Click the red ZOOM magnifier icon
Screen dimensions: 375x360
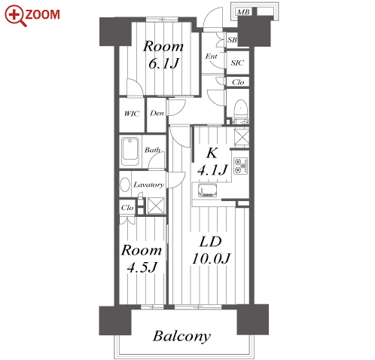pyautogui.click(x=14, y=15)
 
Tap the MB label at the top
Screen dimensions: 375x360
pyautogui.click(x=243, y=12)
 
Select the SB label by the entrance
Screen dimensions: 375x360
pyautogui.click(x=232, y=40)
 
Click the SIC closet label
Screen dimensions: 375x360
pyautogui.click(x=237, y=63)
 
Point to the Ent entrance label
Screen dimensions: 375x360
pyautogui.click(x=211, y=56)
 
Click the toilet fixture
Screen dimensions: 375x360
pyautogui.click(x=240, y=111)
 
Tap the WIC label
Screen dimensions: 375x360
pyautogui.click(x=132, y=114)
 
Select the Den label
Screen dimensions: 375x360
pyautogui.click(x=157, y=113)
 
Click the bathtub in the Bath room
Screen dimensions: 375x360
pyautogui.click(x=130, y=151)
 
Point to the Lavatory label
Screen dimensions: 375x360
pyautogui.click(x=148, y=185)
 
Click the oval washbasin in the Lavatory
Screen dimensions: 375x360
pyautogui.click(x=125, y=185)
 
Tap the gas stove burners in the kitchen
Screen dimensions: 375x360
pyautogui.click(x=240, y=166)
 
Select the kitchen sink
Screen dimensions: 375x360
pyautogui.click(x=207, y=191)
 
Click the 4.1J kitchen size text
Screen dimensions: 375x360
pyautogui.click(x=212, y=170)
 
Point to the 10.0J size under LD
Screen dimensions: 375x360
pyautogui.click(x=211, y=258)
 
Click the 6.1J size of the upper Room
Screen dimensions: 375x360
pyautogui.click(x=163, y=63)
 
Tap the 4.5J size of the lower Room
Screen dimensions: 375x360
pyautogui.click(x=142, y=267)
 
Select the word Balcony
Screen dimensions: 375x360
pyautogui.click(x=181, y=337)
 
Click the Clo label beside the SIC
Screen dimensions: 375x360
pyautogui.click(x=238, y=82)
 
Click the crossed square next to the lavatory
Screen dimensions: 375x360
pyautogui.click(x=156, y=206)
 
